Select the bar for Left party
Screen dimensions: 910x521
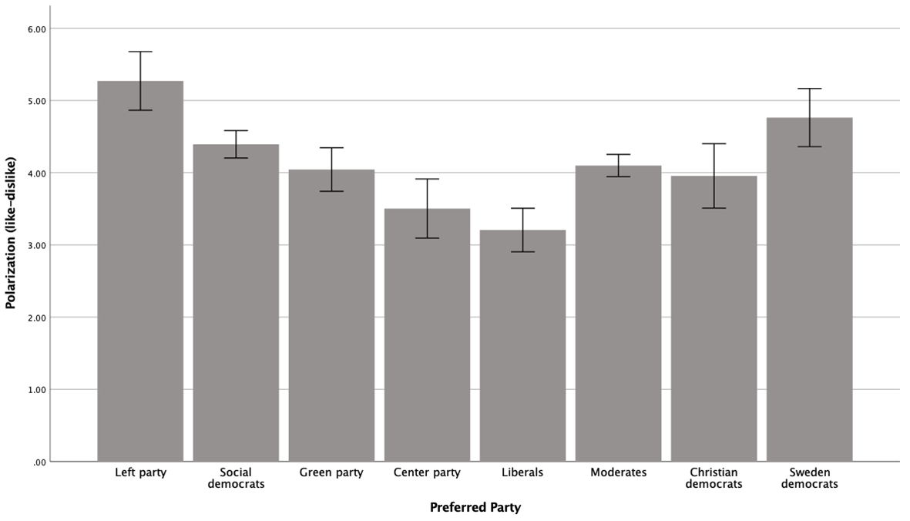pyautogui.click(x=140, y=271)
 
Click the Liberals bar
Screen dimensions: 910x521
pyautogui.click(x=522, y=346)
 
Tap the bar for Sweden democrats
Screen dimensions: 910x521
pyautogui.click(x=810, y=290)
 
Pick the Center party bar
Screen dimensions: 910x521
pyautogui.click(x=427, y=334)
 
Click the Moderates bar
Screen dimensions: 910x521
pyautogui.click(x=618, y=314)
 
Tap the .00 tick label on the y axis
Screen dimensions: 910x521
pyautogui.click(x=39, y=462)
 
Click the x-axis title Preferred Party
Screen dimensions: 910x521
pyautogui.click(x=475, y=508)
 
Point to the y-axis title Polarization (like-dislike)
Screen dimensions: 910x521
pyautogui.click(x=11, y=233)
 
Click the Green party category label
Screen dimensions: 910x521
pyautogui.click(x=331, y=473)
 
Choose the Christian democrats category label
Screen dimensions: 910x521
pyautogui.click(x=714, y=478)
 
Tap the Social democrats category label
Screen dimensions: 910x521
pyautogui.click(x=236, y=478)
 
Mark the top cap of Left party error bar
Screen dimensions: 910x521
pyautogui.click(x=140, y=52)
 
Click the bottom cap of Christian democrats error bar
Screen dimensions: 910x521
pyautogui.click(x=714, y=207)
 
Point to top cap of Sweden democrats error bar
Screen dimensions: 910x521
pyautogui.click(x=810, y=88)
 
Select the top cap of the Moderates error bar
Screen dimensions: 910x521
pyautogui.click(x=618, y=154)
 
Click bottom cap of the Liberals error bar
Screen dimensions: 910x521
pyautogui.click(x=522, y=252)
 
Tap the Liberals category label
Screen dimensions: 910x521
pyautogui.click(x=522, y=472)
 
